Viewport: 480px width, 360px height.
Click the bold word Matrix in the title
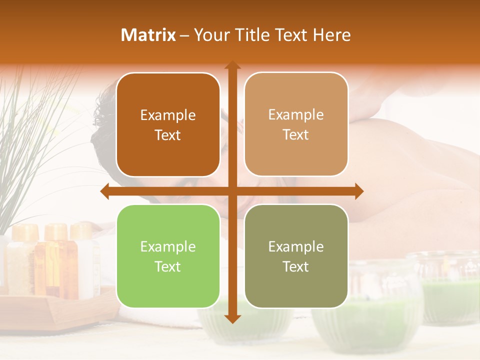point(148,35)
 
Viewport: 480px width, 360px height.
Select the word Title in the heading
point(251,35)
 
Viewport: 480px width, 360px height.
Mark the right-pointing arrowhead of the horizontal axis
point(359,191)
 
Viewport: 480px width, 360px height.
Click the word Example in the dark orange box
point(168,115)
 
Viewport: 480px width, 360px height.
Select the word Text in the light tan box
point(296,135)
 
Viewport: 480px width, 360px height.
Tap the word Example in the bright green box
point(168,246)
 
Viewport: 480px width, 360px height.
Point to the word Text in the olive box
point(296,266)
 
